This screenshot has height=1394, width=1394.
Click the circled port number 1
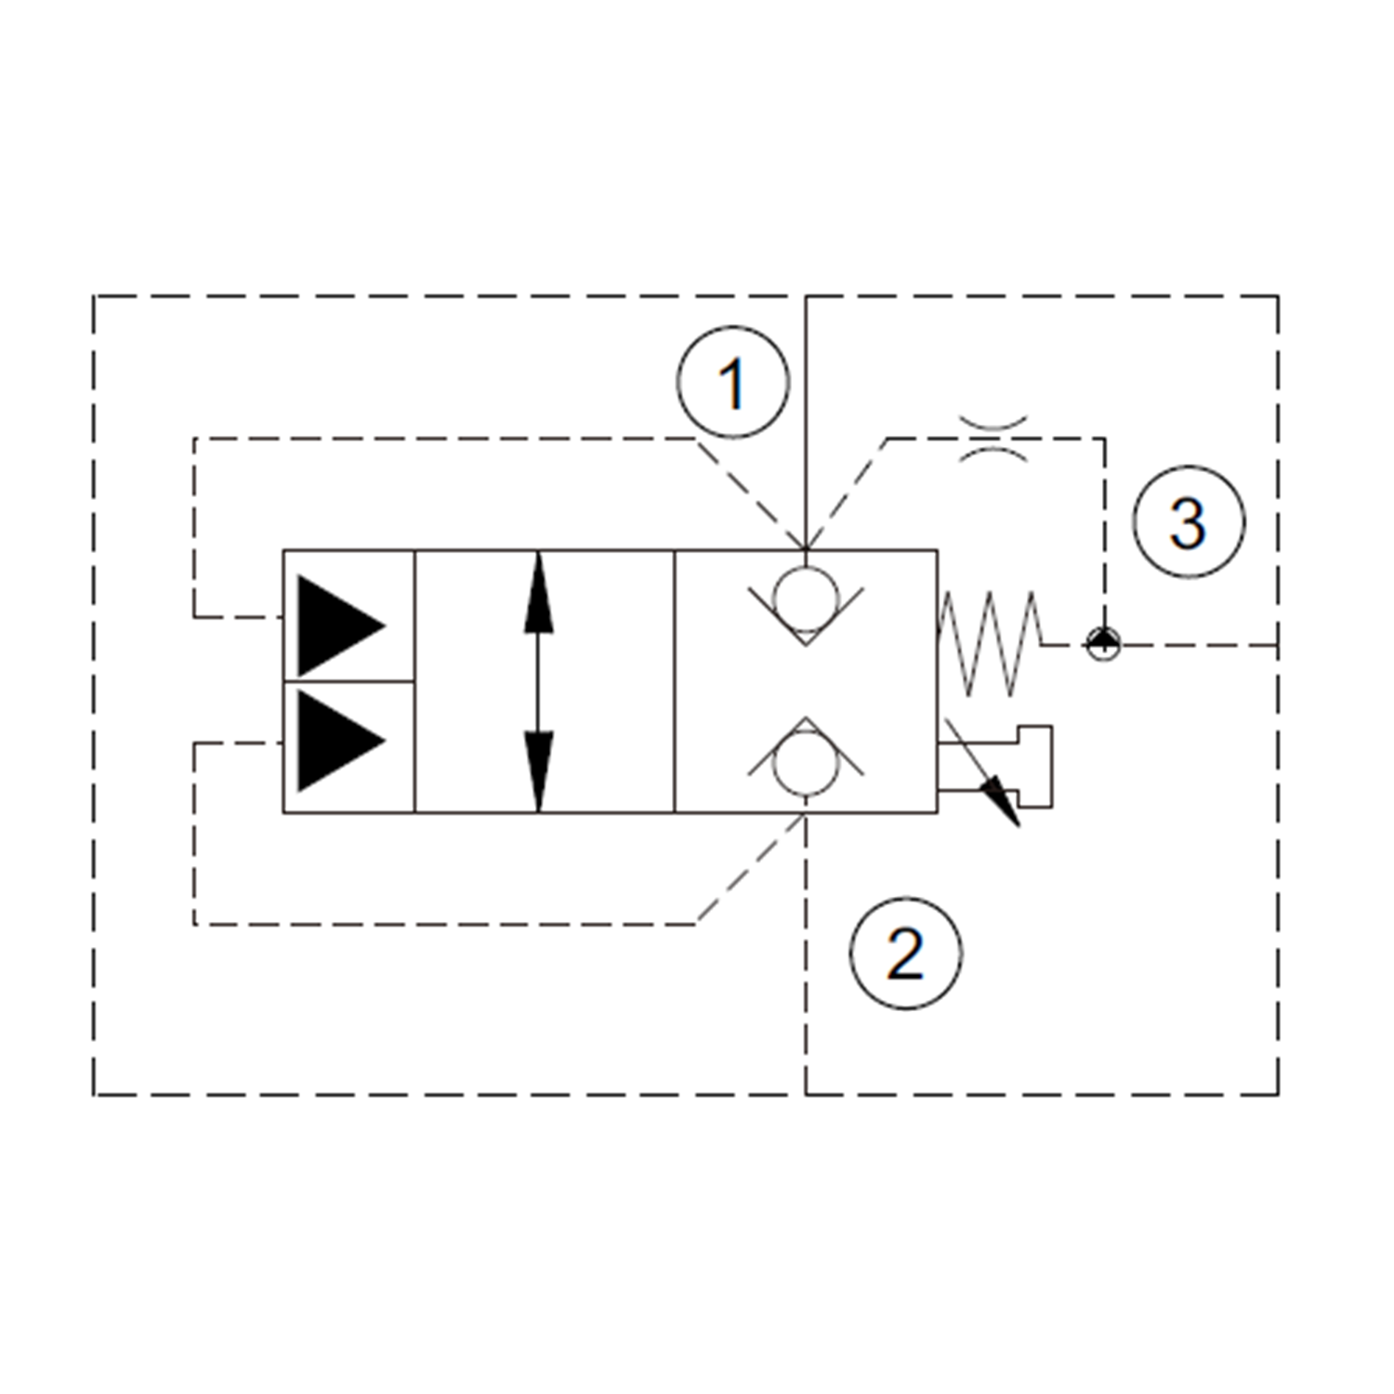[733, 382]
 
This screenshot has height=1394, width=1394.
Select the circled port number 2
[906, 953]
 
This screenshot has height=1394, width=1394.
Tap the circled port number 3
[1189, 522]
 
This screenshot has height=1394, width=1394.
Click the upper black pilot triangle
[335, 626]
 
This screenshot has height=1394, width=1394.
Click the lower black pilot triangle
[335, 741]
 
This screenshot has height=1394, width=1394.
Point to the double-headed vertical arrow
[539, 681]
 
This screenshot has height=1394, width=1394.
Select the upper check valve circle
[806, 591]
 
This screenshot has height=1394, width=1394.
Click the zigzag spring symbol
[990, 642]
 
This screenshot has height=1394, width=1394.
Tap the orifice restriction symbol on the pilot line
[993, 439]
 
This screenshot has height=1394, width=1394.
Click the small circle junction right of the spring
[1104, 643]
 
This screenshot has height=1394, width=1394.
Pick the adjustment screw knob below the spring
[1035, 767]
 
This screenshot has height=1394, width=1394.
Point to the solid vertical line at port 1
[806, 418]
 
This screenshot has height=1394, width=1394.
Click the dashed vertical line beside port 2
[806, 957]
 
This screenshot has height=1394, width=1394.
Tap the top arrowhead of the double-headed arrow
[539, 585]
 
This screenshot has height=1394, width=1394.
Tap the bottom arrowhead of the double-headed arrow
[539, 776]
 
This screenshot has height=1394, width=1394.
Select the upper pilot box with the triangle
[349, 615]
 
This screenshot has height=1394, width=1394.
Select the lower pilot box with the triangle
[349, 747]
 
